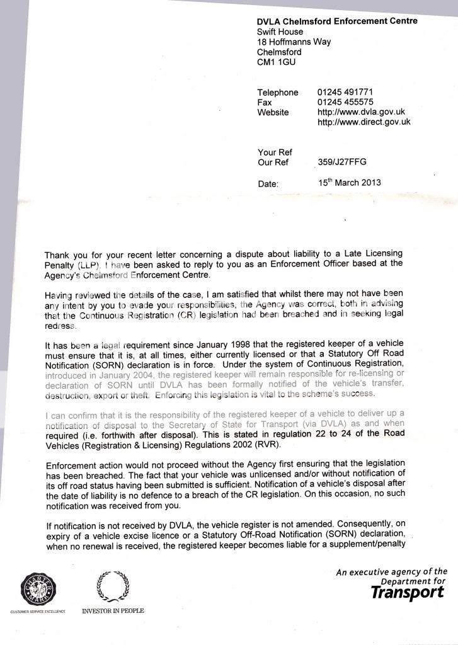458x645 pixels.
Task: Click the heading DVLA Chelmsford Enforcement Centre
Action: pyautogui.click(x=337, y=21)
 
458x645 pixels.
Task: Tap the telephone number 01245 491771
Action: pyautogui.click(x=345, y=92)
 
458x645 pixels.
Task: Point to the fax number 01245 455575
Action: pyautogui.click(x=345, y=102)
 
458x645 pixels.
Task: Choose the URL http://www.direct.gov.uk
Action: pyautogui.click(x=364, y=122)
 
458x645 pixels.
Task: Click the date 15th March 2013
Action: pyautogui.click(x=350, y=183)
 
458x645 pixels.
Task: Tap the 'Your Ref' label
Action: pyautogui.click(x=275, y=152)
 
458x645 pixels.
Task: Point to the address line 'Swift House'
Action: pyautogui.click(x=280, y=31)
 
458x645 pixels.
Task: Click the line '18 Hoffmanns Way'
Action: pyautogui.click(x=294, y=42)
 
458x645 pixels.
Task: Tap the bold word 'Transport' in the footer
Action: pyautogui.click(x=407, y=592)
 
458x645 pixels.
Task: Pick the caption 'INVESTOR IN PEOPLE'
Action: pyautogui.click(x=113, y=611)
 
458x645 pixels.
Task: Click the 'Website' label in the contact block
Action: pyautogui.click(x=273, y=112)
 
